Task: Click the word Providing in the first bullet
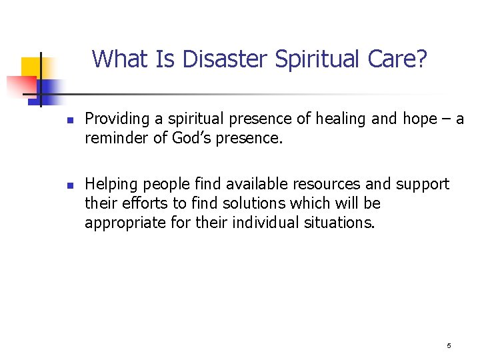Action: (113, 119)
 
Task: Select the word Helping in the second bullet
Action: (109, 184)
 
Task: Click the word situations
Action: (339, 221)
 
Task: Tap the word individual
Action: (264, 221)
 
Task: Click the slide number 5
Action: (449, 345)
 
